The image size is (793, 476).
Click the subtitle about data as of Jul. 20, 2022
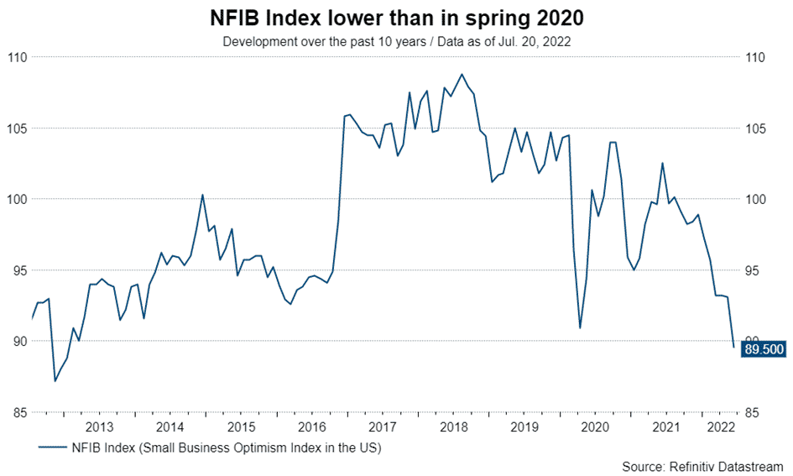[x=396, y=41]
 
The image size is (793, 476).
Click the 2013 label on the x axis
[x=100, y=426]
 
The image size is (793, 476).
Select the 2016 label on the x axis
[x=311, y=426]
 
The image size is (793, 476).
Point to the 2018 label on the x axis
[x=453, y=426]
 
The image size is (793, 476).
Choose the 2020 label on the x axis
[x=595, y=426]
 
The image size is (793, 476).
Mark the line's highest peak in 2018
[x=462, y=74]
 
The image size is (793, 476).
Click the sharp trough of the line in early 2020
[x=580, y=327]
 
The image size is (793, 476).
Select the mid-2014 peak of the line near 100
[x=202, y=195]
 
